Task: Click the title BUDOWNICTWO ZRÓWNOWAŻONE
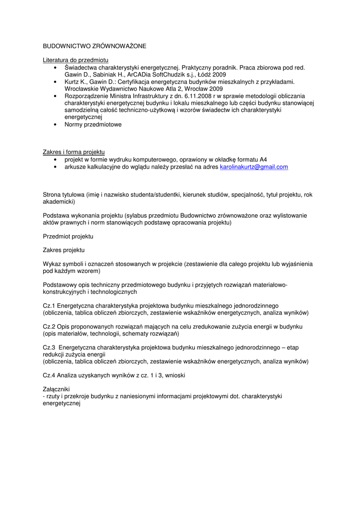pos(94,46)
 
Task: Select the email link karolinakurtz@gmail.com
pos(254,167)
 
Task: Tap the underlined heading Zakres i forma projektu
pos(74,152)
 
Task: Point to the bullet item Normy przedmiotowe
pos(93,125)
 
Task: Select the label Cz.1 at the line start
pos(49,305)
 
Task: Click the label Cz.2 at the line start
pos(49,327)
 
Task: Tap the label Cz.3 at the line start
pos(49,347)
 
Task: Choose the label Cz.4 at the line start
pos(49,375)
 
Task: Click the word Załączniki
pos(57,389)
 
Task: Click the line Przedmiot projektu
pos(68,236)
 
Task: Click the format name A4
pos(263,160)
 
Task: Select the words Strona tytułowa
pos(64,195)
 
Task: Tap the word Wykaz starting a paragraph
pos(52,264)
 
